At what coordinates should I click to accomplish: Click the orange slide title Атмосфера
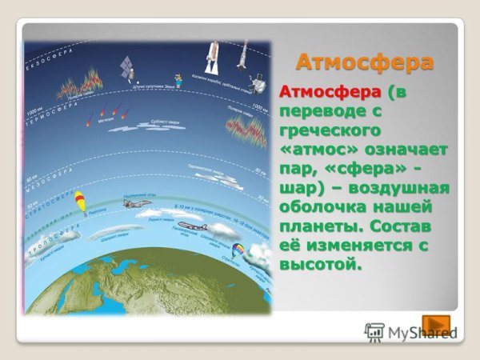pyautogui.click(x=365, y=62)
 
